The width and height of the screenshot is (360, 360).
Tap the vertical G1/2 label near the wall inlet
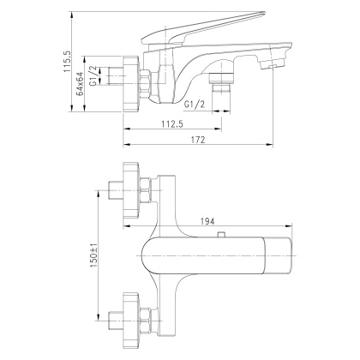coord(105,75)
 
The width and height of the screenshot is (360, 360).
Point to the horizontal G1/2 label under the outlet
coord(196,104)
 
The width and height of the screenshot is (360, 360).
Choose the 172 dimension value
coord(199,141)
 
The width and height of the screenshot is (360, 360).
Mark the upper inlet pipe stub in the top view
coord(115,189)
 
